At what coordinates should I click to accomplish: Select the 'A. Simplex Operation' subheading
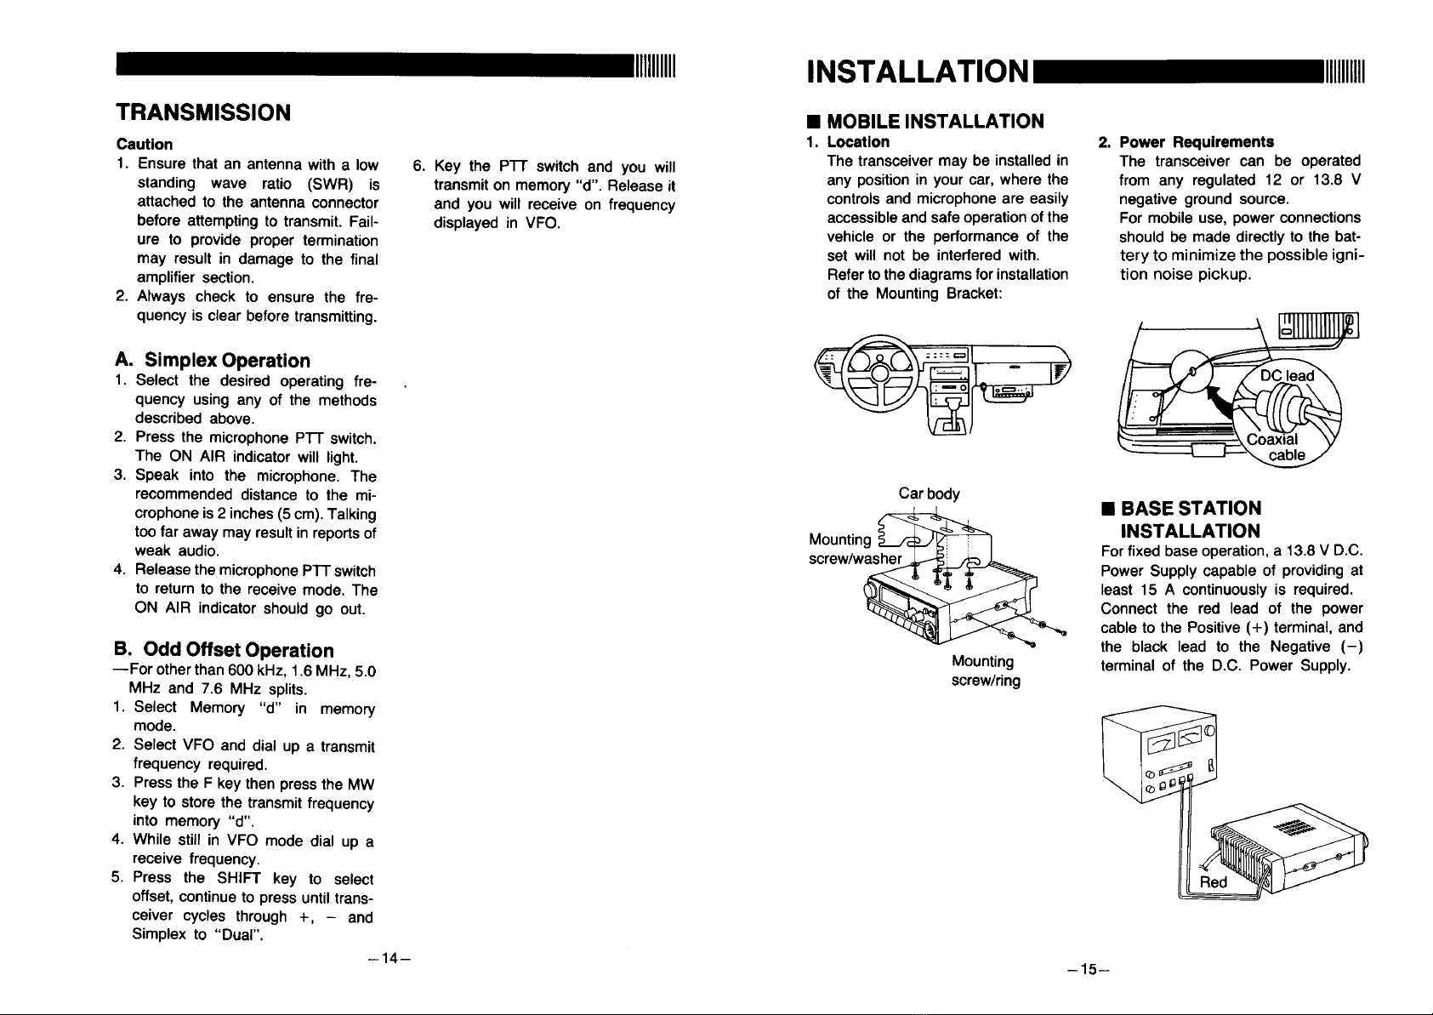[213, 360]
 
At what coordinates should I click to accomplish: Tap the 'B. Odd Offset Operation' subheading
[224, 651]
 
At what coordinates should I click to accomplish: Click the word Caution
[144, 144]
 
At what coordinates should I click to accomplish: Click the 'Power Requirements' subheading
[1196, 141]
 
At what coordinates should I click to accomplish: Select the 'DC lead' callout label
[1286, 376]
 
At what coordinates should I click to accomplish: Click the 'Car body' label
[929, 493]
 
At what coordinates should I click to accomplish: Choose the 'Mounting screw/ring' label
[985, 670]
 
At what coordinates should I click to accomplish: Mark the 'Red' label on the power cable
[1213, 881]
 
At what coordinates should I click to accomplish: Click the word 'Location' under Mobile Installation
[857, 141]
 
